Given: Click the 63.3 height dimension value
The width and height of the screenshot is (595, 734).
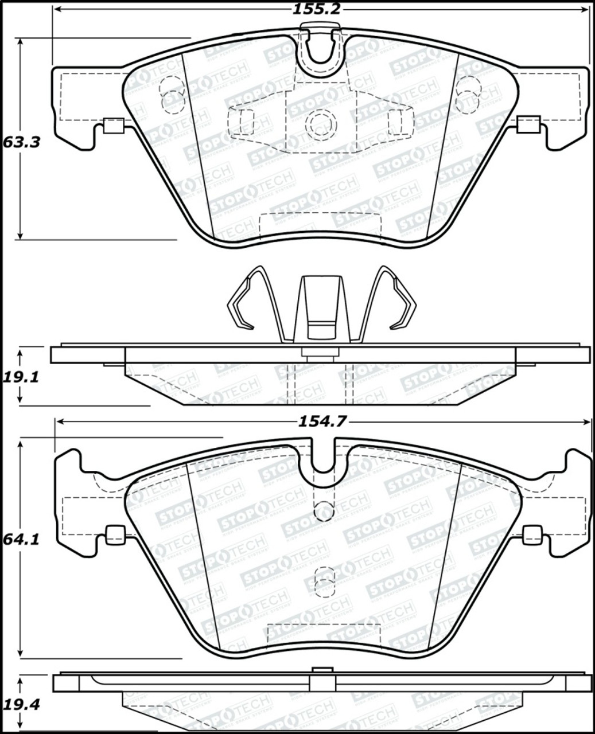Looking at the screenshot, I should tap(21, 142).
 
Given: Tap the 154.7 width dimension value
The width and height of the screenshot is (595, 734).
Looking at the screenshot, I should tap(322, 421).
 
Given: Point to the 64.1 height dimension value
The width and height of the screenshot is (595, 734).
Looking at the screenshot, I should tap(21, 540).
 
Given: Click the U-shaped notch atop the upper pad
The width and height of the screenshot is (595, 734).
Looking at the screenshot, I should tap(322, 54).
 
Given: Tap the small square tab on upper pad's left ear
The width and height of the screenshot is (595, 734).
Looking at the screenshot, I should tap(114, 125).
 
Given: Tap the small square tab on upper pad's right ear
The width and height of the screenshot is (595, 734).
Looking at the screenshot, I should tap(528, 124).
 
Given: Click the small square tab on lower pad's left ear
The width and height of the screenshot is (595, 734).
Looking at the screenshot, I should tap(116, 534).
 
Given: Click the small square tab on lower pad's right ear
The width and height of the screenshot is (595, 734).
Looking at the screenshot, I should tap(532, 534).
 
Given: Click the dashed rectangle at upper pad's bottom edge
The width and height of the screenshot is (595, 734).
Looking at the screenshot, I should tap(321, 225).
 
